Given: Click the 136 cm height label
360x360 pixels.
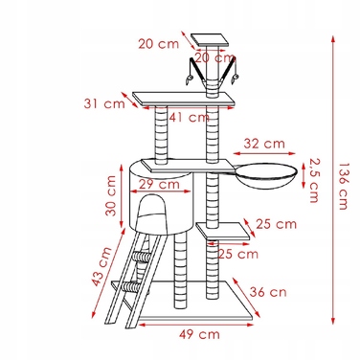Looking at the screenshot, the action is [x=343, y=187].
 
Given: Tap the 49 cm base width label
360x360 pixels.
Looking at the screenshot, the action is [x=199, y=334].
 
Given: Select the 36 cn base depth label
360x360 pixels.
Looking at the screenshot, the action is [x=268, y=292].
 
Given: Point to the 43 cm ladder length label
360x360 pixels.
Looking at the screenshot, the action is [x=101, y=266].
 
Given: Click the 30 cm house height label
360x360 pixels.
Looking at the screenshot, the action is [x=111, y=195].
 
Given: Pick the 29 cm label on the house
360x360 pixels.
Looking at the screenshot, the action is [x=159, y=184].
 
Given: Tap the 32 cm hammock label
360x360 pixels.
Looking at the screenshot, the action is [x=264, y=144].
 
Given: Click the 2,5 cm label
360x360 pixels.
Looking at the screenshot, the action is [x=314, y=180].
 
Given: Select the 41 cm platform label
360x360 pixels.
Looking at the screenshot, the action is [x=190, y=117].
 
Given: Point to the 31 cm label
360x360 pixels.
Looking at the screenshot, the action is [x=104, y=103].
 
